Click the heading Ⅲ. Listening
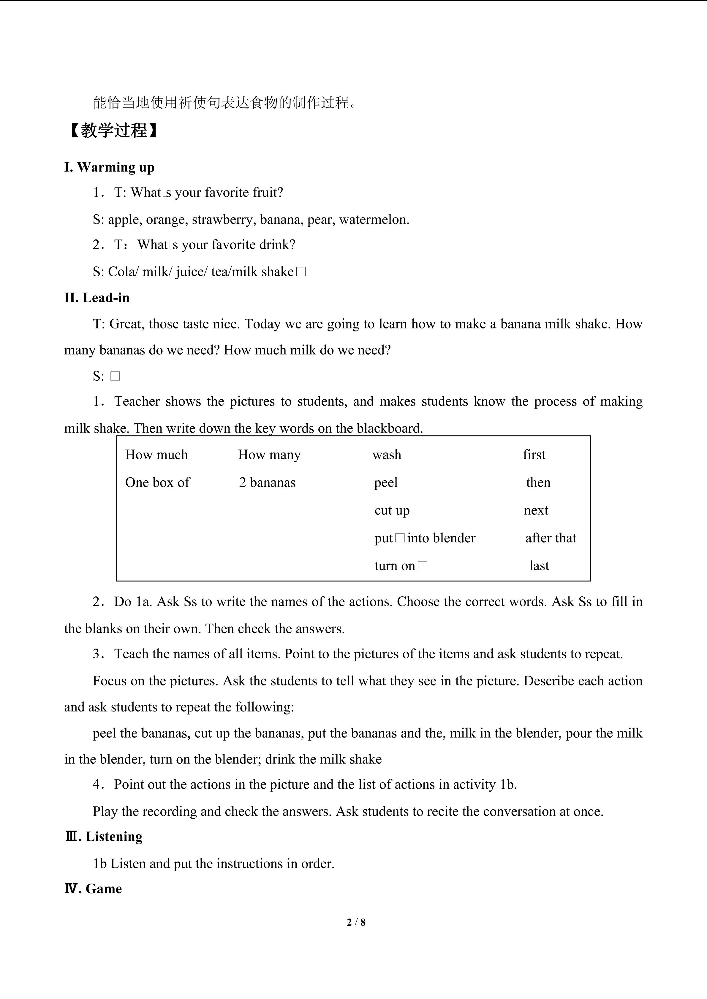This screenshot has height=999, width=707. click(x=104, y=837)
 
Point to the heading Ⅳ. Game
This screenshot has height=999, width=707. click(x=93, y=889)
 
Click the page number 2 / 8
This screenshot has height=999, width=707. click(x=356, y=922)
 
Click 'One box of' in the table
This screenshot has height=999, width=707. click(x=158, y=482)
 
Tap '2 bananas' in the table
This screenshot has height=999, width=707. click(x=267, y=482)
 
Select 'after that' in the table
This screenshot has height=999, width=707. click(x=551, y=538)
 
